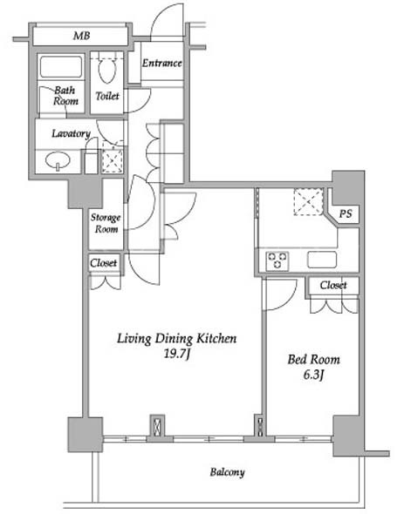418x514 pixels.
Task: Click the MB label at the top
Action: (81, 36)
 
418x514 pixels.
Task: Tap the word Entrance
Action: (162, 63)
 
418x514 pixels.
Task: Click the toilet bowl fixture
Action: (107, 71)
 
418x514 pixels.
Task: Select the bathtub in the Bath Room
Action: (61, 67)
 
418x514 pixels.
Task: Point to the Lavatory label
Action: (71, 134)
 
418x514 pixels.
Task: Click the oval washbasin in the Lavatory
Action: (58, 160)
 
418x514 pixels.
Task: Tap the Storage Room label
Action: (106, 223)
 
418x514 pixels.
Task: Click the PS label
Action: (346, 213)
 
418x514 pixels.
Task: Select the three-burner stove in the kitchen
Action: (278, 261)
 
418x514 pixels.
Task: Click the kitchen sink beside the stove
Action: (322, 260)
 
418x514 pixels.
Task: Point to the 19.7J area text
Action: (177, 354)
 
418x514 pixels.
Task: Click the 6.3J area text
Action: (313, 375)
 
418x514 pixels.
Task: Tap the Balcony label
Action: (227, 472)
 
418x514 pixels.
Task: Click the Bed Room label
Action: (313, 360)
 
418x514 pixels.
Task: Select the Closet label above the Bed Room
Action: (333, 285)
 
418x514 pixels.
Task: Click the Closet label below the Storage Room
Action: (104, 263)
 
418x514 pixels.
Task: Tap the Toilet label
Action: (107, 96)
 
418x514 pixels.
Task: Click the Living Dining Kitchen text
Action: (176, 338)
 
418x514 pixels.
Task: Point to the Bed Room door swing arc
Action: (289, 301)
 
